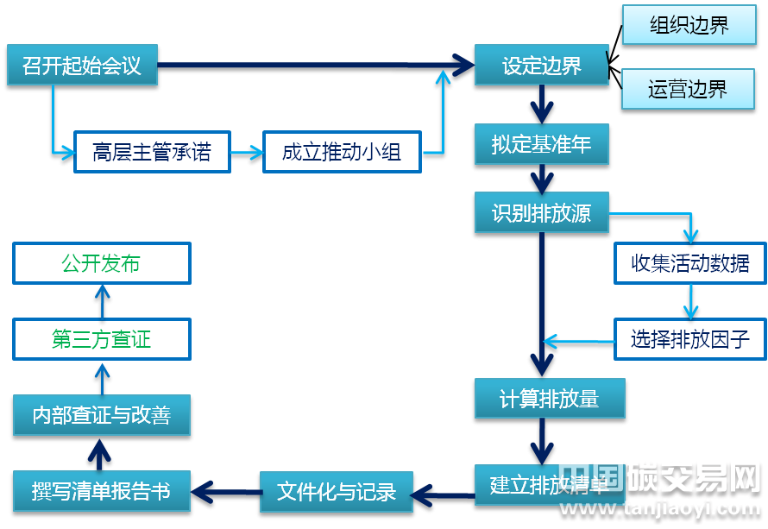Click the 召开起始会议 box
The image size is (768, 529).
tap(82, 66)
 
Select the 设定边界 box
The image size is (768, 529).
tap(541, 66)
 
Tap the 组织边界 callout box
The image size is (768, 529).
tap(688, 26)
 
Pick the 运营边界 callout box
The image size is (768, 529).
tap(688, 88)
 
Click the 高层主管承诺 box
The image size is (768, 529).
tap(152, 153)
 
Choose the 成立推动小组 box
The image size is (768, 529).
tap(342, 153)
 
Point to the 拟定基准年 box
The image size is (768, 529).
tap(541, 144)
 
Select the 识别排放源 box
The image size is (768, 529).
tap(541, 213)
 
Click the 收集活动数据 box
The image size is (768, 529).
tap(689, 263)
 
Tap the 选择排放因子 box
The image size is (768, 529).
tap(689, 339)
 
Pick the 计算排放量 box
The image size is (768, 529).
tap(549, 399)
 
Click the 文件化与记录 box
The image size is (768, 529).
tap(336, 491)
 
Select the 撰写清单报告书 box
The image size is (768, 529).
tap(101, 491)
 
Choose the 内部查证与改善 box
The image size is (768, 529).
tap(101, 415)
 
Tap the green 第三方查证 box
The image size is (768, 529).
tap(101, 339)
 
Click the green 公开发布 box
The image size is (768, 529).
tap(101, 263)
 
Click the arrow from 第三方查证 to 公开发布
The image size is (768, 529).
tap(102, 301)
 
